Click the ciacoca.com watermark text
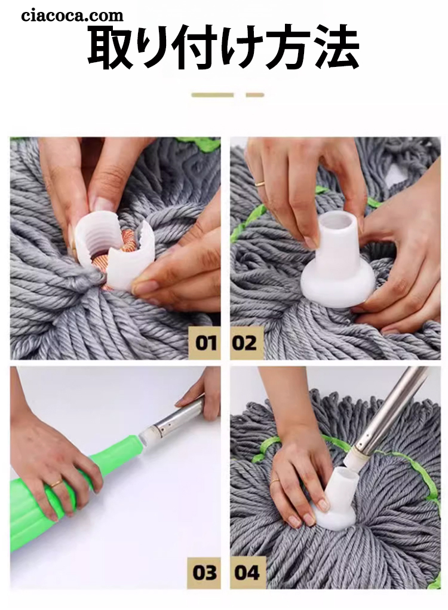point(72,16)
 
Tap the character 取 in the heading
point(110,47)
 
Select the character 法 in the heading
point(336,47)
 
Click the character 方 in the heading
point(291,47)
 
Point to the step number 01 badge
point(205,343)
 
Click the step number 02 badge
point(245,343)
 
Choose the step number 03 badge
point(204,572)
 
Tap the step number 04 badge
point(247,572)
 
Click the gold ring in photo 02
point(260,183)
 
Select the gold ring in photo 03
point(56,483)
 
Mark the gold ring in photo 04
point(275,481)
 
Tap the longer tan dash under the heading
point(213,95)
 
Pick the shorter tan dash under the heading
point(255,95)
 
